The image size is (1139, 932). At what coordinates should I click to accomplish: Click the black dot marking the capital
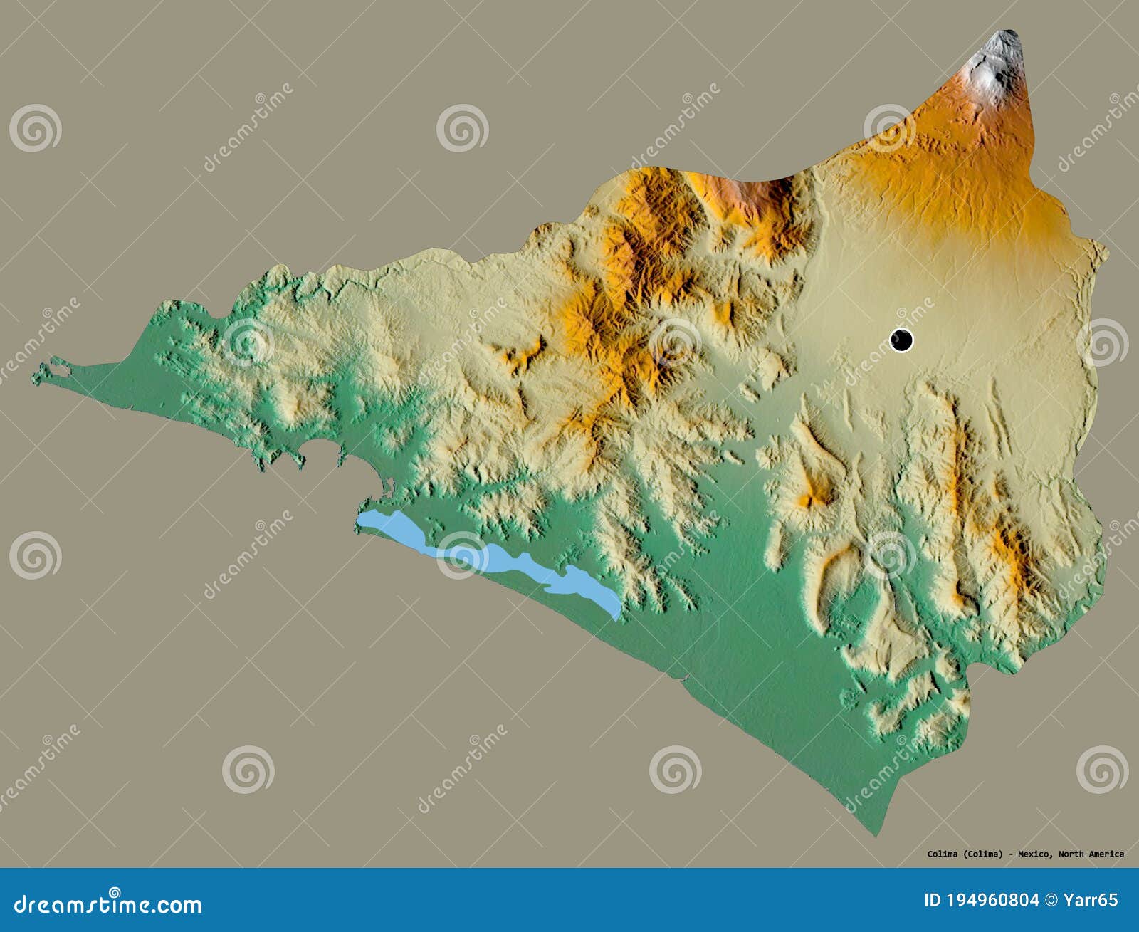901,340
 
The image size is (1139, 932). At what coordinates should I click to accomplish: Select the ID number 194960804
991,901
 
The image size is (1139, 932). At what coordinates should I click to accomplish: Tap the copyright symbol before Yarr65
1054,901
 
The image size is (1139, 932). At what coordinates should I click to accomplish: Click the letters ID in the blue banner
933,901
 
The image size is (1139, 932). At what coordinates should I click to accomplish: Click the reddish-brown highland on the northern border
755,192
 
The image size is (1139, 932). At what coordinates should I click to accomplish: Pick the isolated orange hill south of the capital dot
815,491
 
